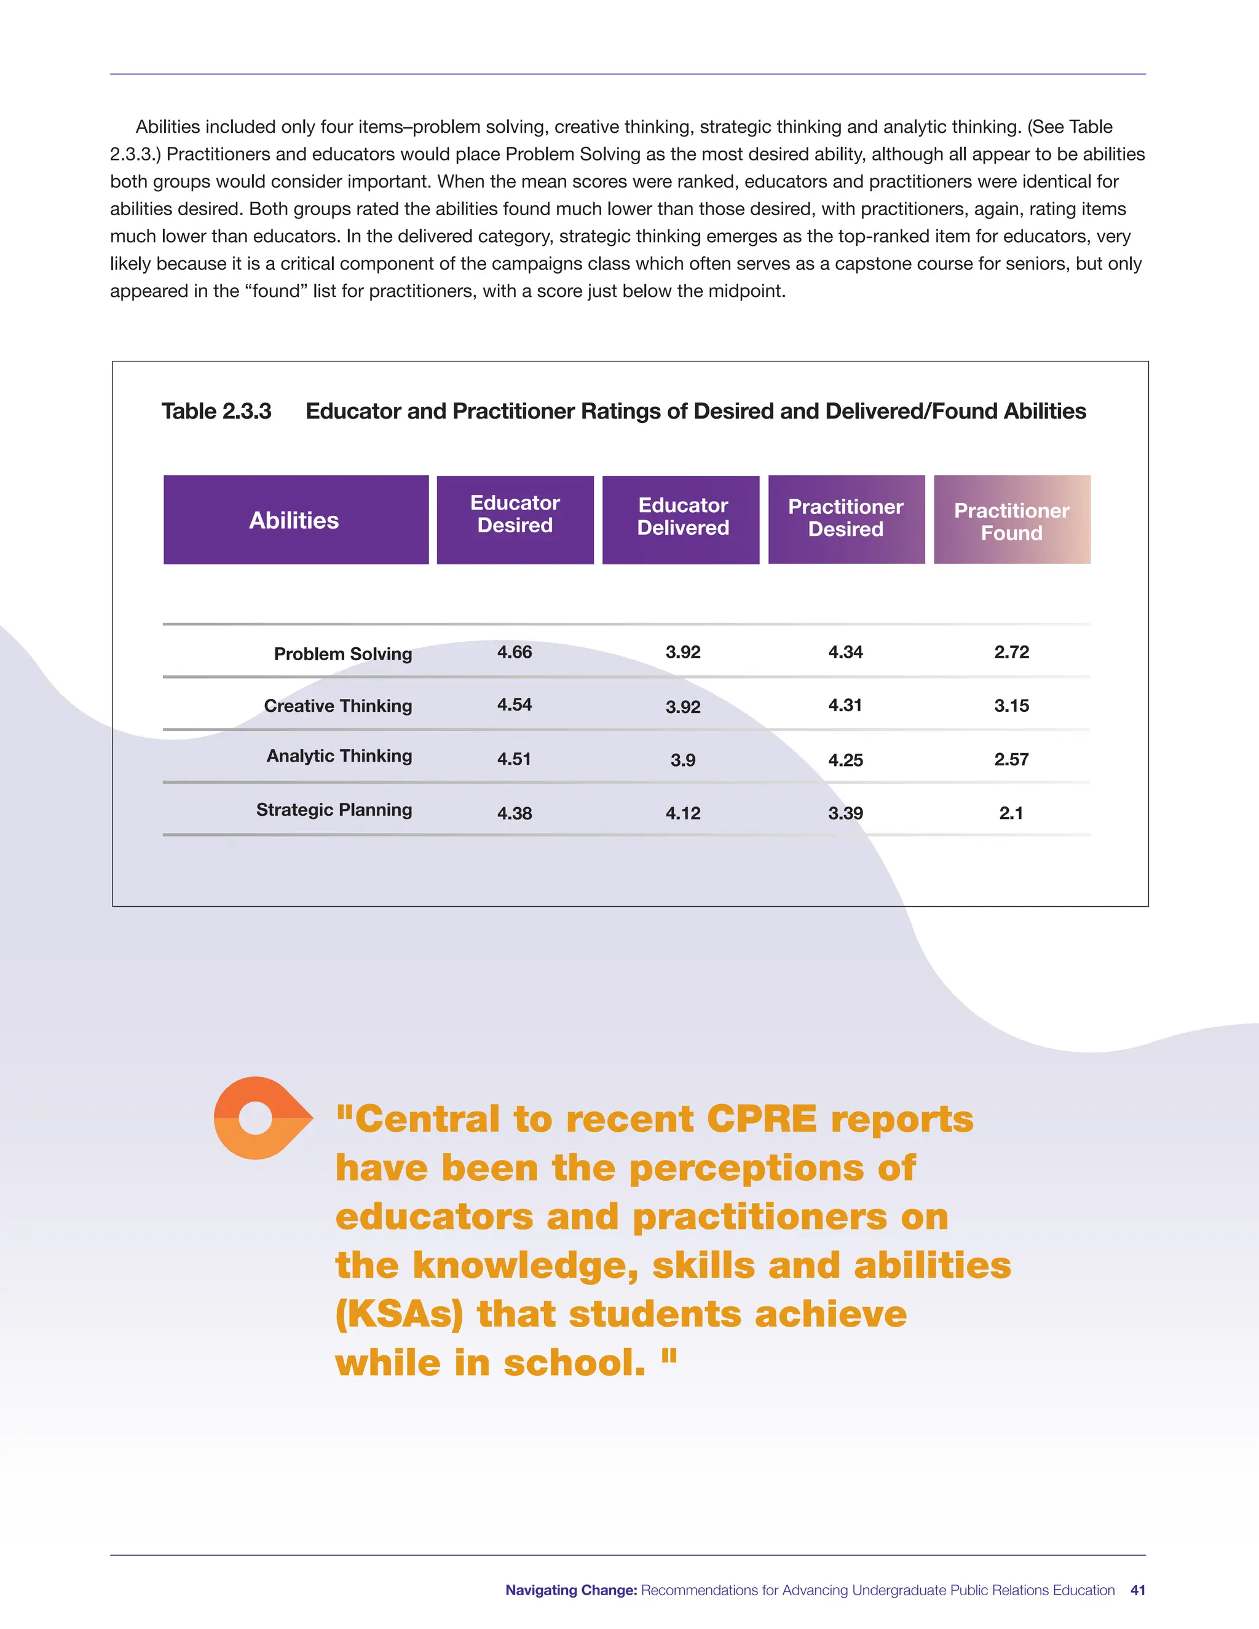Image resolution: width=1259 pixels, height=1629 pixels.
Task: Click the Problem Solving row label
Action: pyautogui.click(x=342, y=654)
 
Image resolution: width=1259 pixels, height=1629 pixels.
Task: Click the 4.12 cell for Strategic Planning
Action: pyautogui.click(x=682, y=814)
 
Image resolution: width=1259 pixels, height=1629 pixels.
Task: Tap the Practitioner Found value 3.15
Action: pyautogui.click(x=1011, y=706)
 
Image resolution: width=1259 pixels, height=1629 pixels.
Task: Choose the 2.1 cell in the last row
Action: pyautogui.click(x=1011, y=814)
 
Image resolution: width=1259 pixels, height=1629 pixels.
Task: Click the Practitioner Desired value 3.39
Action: pyautogui.click(x=845, y=814)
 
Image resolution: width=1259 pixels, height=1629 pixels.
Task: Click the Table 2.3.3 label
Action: pyautogui.click(x=216, y=412)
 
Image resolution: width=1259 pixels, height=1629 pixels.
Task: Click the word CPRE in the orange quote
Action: pyautogui.click(x=762, y=1119)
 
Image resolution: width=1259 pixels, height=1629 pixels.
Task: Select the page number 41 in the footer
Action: pyautogui.click(x=1137, y=1590)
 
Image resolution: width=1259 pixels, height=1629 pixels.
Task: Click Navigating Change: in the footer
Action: pyautogui.click(x=571, y=1590)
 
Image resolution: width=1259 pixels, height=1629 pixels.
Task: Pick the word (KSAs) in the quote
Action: pyautogui.click(x=399, y=1314)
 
